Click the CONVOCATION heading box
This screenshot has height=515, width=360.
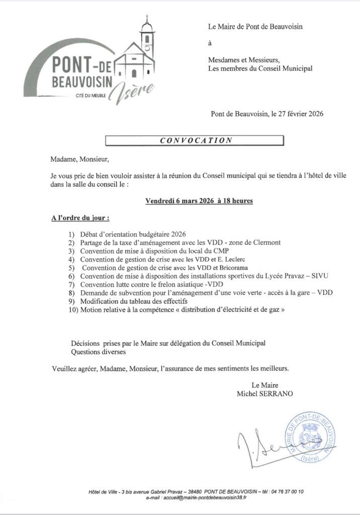[x=195, y=141]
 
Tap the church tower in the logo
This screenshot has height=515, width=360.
[x=147, y=38]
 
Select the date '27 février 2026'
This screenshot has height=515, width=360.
[x=296, y=114]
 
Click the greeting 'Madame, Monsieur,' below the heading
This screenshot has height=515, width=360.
[x=79, y=160]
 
